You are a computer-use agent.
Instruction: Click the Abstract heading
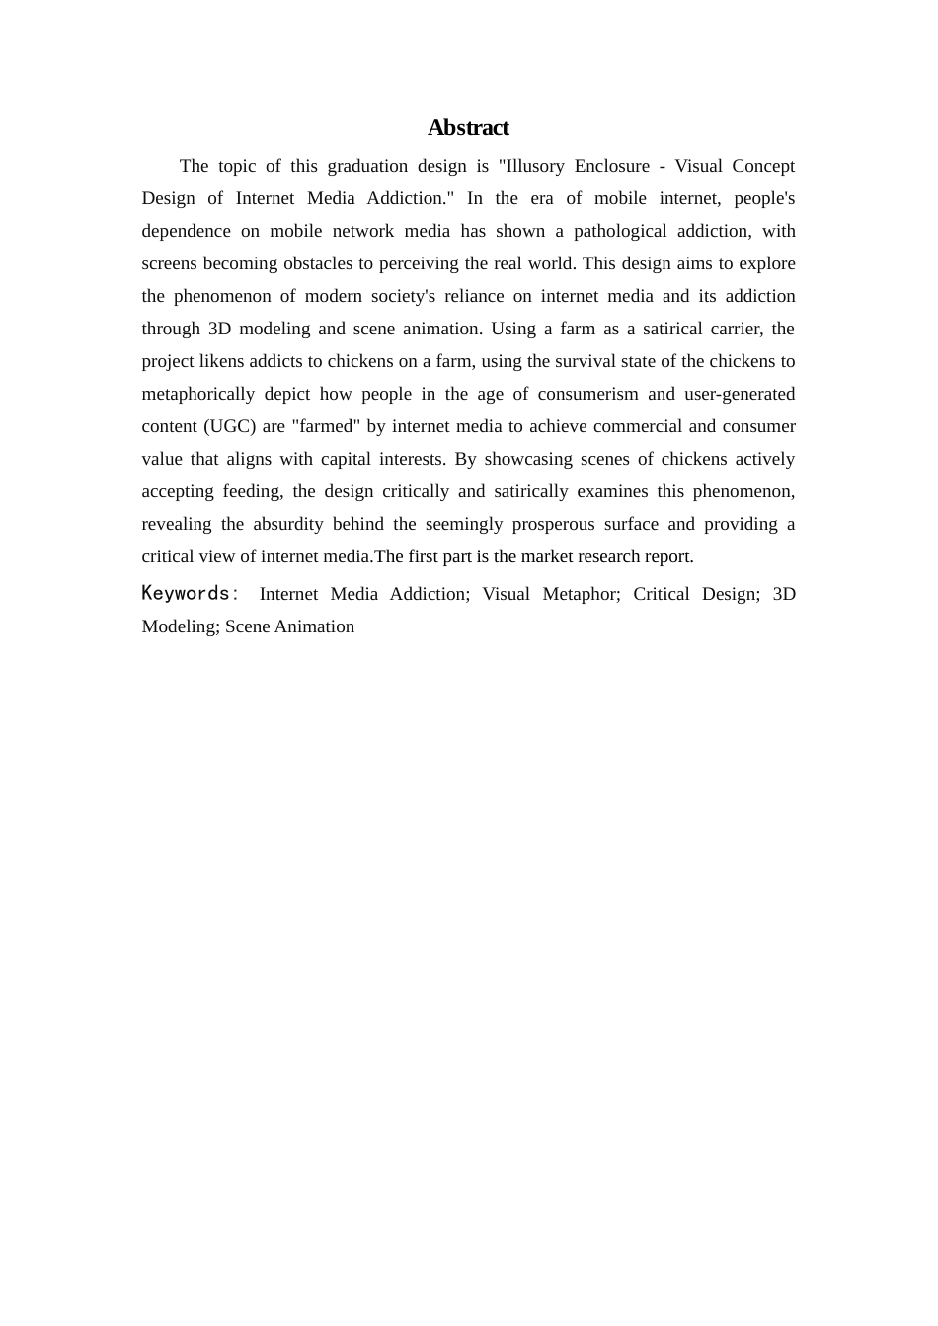tap(468, 128)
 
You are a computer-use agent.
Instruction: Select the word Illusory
tap(530, 166)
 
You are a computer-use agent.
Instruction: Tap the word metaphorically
tap(197, 394)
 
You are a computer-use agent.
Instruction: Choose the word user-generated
tap(740, 394)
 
